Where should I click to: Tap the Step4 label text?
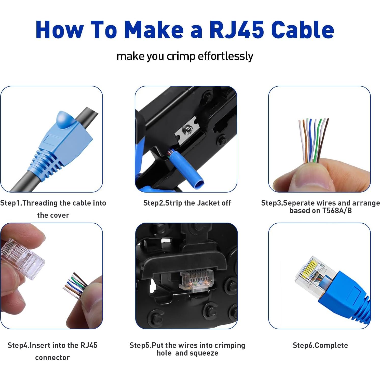(18, 345)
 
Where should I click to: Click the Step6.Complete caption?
(320, 345)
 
